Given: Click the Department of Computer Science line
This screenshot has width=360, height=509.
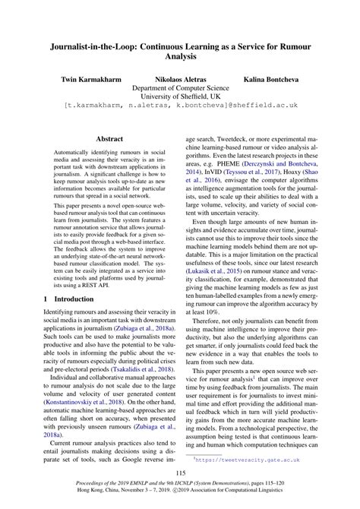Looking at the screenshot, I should [179, 88].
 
